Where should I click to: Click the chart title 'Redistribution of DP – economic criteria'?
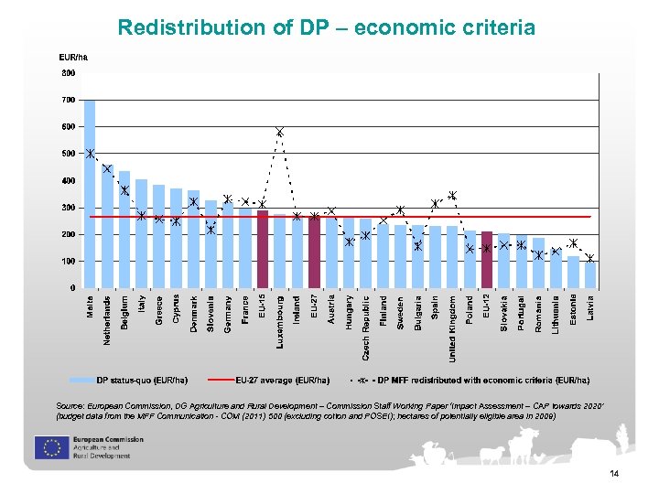327,27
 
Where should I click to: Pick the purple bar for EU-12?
487,260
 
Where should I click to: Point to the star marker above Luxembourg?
280,133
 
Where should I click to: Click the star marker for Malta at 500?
90,154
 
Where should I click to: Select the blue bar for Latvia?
590,274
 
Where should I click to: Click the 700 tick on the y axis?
69,100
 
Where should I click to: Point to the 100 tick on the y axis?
69,262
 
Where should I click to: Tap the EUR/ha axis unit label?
73,58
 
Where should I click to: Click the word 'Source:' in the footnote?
72,403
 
